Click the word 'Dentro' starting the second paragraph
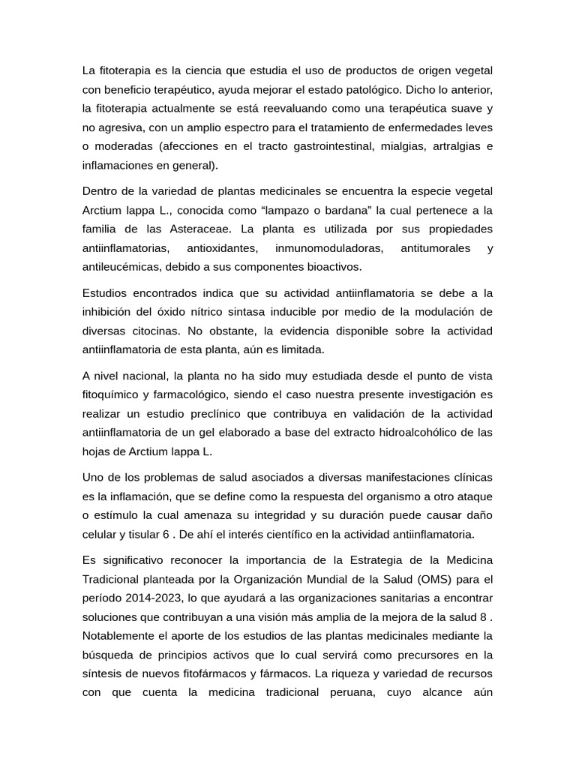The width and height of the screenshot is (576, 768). pyautogui.click(x=101, y=190)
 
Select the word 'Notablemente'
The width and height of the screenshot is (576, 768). pyautogui.click(x=117, y=635)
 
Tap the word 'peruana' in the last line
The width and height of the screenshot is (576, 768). pyautogui.click(x=350, y=692)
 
